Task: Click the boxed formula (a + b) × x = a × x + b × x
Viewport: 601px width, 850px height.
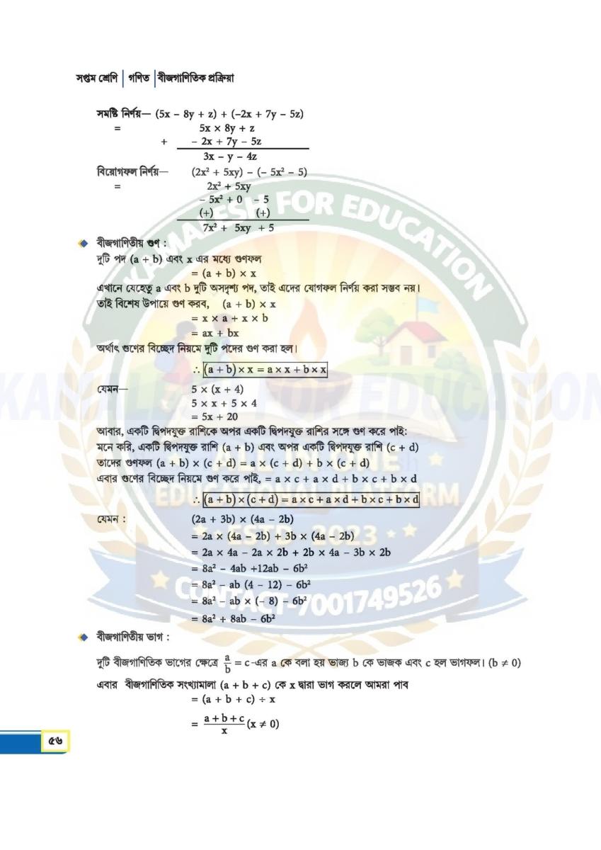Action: click(x=264, y=371)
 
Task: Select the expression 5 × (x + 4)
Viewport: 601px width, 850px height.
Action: click(x=217, y=390)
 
